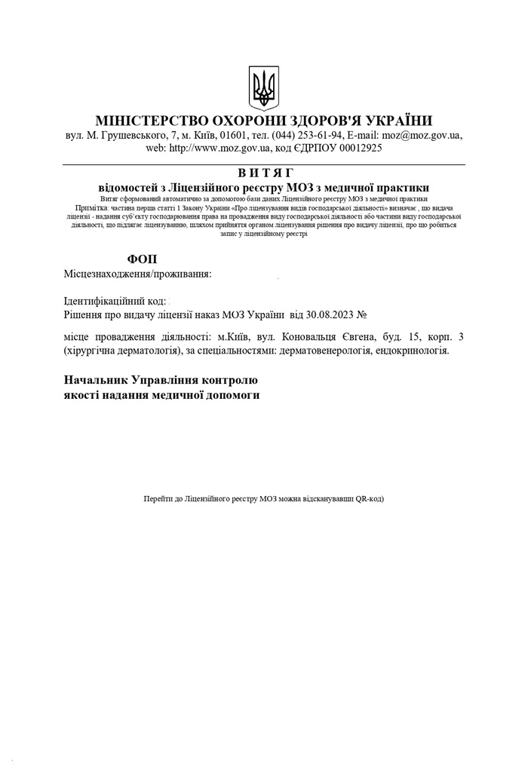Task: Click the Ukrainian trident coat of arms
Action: coord(264,88)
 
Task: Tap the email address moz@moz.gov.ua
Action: coord(422,136)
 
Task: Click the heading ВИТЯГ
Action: coord(264,173)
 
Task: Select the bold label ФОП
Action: coord(143,259)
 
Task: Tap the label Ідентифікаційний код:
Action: coord(115,301)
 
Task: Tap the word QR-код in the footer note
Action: coord(370,499)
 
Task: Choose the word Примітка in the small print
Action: coord(92,207)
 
